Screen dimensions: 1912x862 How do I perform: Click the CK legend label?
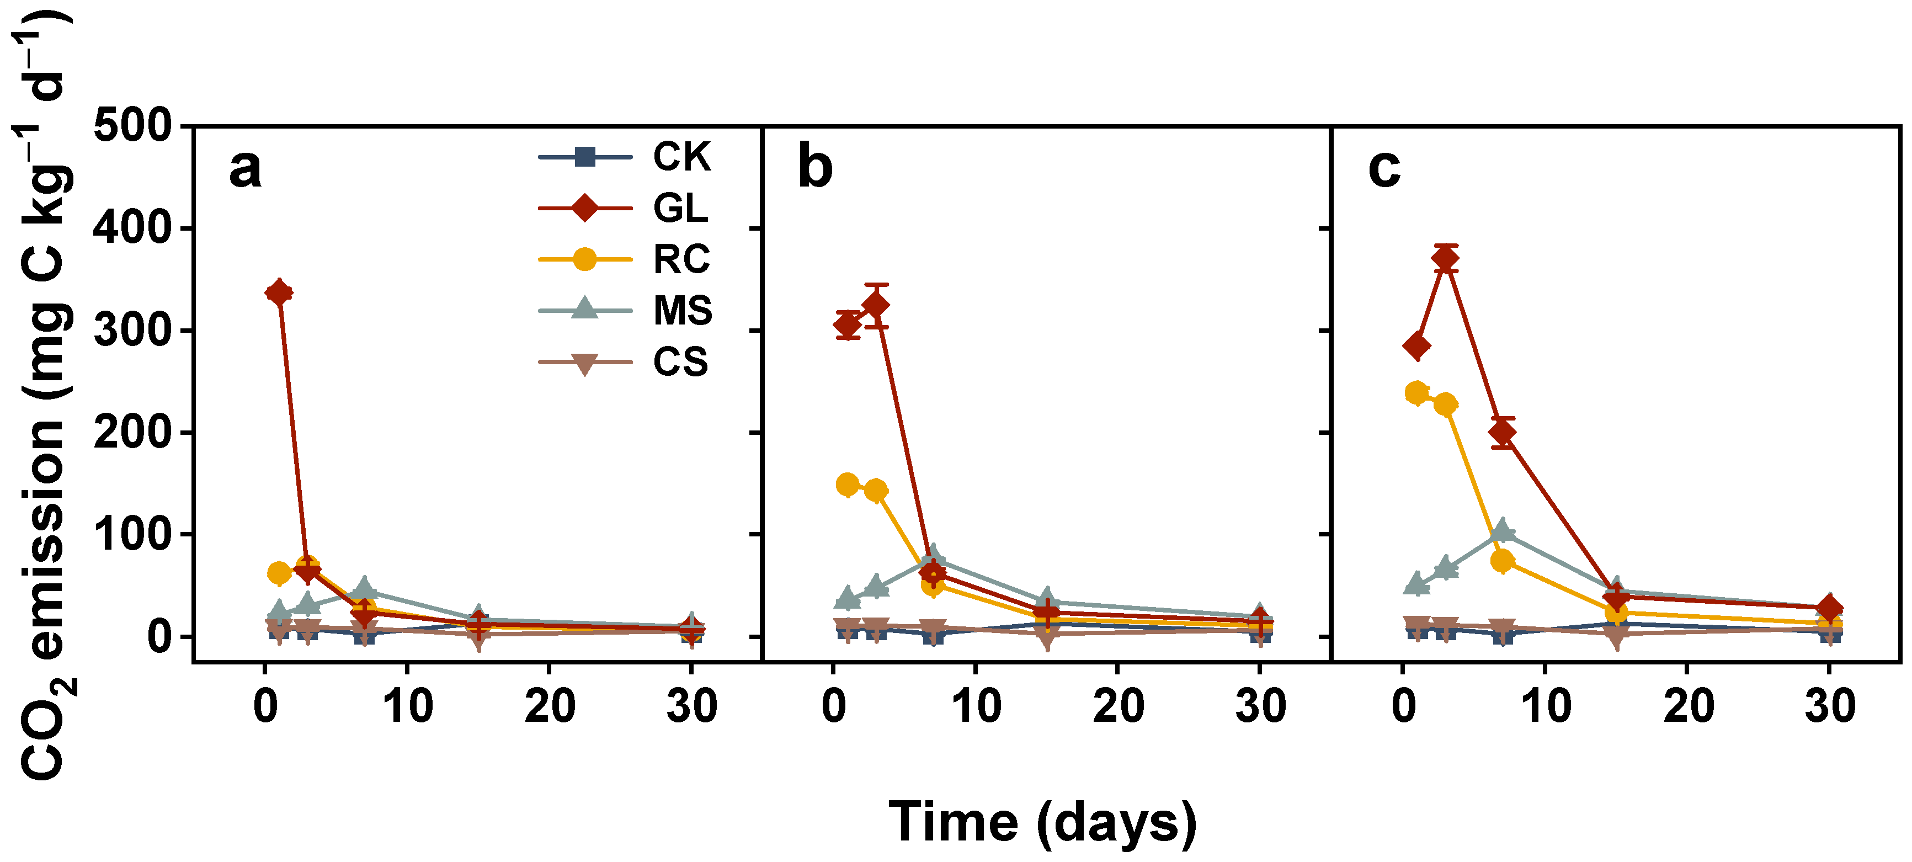(x=681, y=157)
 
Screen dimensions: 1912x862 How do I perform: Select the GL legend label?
(x=680, y=208)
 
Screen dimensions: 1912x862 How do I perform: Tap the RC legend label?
(x=681, y=259)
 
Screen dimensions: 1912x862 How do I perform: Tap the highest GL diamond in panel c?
(x=1446, y=258)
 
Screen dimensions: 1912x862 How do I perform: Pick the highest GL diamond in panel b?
(x=876, y=305)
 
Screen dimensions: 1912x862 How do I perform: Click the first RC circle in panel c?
(x=1417, y=393)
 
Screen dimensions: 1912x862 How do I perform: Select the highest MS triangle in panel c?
(x=1502, y=529)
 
